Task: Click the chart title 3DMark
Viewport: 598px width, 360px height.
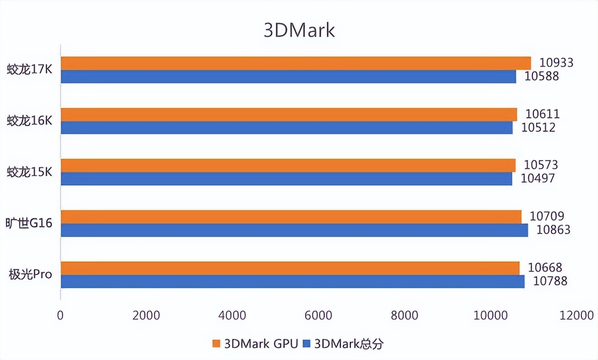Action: click(x=299, y=30)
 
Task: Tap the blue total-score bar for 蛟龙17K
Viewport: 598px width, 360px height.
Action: click(x=288, y=77)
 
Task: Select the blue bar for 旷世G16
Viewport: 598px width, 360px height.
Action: click(x=294, y=230)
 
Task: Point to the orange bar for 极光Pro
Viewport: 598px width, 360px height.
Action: click(x=290, y=268)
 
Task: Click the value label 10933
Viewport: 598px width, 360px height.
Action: click(x=556, y=63)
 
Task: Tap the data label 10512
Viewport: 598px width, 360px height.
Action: click(x=538, y=127)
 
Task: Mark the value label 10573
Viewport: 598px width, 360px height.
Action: click(x=541, y=165)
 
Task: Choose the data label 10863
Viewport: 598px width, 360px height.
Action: click(x=553, y=230)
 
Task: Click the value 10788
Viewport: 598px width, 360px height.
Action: click(x=550, y=281)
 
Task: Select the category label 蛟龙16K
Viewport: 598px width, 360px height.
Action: click(x=29, y=121)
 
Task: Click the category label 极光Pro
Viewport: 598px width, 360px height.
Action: click(x=30, y=274)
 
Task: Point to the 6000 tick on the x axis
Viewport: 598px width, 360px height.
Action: click(x=318, y=315)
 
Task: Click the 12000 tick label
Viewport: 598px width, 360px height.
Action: click(x=576, y=315)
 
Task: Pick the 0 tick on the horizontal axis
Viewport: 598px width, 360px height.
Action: click(x=61, y=315)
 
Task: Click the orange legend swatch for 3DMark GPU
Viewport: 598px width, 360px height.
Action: click(x=216, y=344)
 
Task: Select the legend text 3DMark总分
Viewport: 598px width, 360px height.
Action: click(x=348, y=344)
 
